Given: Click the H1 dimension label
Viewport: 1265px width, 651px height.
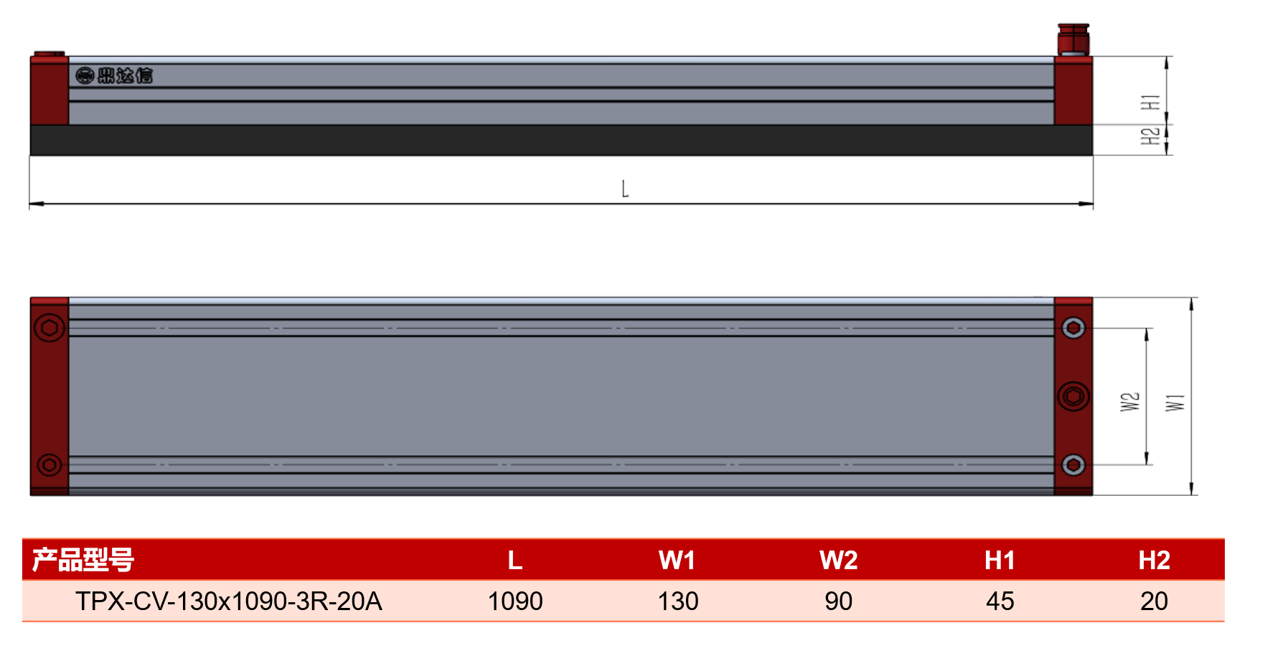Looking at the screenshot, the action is [1150, 102].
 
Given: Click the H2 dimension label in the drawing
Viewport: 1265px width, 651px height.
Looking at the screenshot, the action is [1150, 136].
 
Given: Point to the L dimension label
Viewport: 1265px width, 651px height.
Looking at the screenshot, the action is [625, 189].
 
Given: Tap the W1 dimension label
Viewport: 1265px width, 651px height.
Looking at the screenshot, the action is [1175, 403].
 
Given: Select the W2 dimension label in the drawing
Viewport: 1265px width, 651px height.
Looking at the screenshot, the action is [1130, 402].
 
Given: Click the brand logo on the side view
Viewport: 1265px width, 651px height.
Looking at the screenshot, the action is [115, 75].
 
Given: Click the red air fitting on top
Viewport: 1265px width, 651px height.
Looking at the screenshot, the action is [1073, 39].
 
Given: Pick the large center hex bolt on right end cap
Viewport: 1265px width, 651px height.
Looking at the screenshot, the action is [1073, 396].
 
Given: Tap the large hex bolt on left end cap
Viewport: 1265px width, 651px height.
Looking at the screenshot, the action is [50, 328].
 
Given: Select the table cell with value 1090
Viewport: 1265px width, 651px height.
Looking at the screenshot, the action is [515, 601].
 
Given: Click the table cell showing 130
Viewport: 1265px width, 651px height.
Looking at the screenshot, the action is [678, 601].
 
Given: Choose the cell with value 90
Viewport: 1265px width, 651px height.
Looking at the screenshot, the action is [838, 601].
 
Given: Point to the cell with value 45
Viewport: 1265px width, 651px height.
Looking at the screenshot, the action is [1000, 601].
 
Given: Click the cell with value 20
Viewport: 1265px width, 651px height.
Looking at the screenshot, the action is [1154, 601].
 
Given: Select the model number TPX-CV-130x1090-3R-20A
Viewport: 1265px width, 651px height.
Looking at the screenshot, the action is [229, 601].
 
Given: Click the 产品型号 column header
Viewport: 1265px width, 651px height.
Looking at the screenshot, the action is [83, 560].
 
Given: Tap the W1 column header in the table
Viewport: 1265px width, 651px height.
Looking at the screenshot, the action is [677, 561].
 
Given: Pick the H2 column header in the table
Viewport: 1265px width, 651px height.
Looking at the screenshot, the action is [1154, 561].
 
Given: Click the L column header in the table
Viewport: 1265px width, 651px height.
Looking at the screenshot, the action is [515, 561].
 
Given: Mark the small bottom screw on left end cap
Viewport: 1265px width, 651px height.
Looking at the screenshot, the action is [50, 465].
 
